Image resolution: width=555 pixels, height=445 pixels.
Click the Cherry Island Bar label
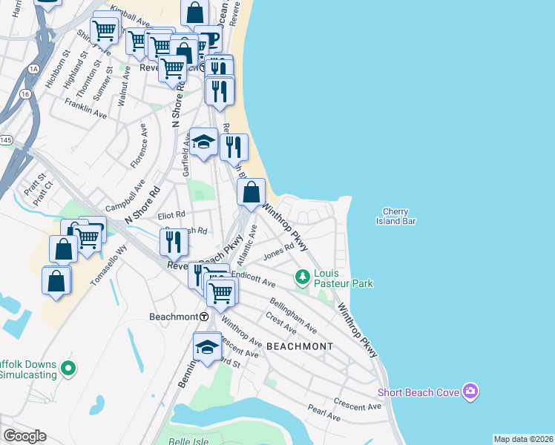395,216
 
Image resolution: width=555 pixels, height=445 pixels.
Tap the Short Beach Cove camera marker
469,391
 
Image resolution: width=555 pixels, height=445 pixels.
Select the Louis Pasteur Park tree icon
302,278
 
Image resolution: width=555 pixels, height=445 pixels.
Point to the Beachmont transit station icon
203,316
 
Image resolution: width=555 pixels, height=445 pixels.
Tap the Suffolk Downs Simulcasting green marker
68,367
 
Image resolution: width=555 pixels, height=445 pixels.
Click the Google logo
24,436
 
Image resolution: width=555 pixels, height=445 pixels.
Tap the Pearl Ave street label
324,409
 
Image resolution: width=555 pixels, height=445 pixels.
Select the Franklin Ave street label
85,108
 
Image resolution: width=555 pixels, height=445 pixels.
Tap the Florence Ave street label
139,151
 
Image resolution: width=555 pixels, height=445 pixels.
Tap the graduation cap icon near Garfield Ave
203,142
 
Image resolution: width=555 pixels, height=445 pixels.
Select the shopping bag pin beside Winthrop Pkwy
252,191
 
